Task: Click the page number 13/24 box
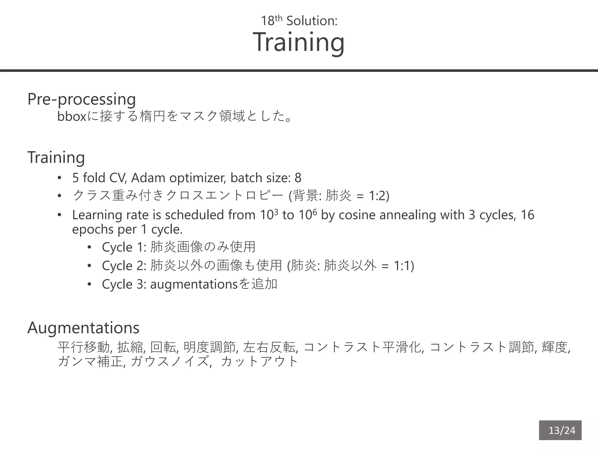[x=560, y=430]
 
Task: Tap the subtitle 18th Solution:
[x=299, y=21]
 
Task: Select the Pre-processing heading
[x=81, y=99]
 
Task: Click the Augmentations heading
[x=83, y=328]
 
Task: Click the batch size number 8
[x=298, y=178]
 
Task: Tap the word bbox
[x=72, y=117]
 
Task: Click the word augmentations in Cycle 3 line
[x=194, y=284]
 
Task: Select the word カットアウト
[x=259, y=362]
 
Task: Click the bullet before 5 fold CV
[x=60, y=178]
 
